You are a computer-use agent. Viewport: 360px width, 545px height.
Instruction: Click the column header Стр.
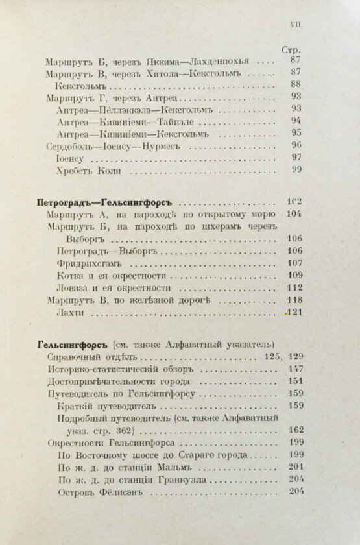pyautogui.click(x=291, y=49)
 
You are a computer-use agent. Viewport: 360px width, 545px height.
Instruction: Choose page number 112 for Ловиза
pyautogui.click(x=295, y=288)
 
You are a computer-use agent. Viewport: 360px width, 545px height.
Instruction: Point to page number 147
pyautogui.click(x=295, y=369)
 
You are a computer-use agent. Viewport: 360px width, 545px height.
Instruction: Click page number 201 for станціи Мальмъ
pyautogui.click(x=295, y=468)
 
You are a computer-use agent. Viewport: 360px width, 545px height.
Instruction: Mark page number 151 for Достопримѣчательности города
pyautogui.click(x=295, y=381)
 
